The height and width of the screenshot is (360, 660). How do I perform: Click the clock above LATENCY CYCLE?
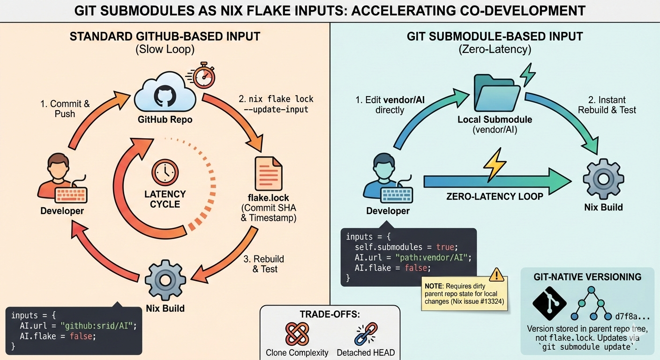pos(165,172)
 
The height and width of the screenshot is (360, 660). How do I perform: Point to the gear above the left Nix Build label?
pos(165,279)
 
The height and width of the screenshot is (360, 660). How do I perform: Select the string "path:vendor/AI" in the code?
pos(432,258)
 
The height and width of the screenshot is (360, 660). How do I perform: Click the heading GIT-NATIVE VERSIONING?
pos(587,277)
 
